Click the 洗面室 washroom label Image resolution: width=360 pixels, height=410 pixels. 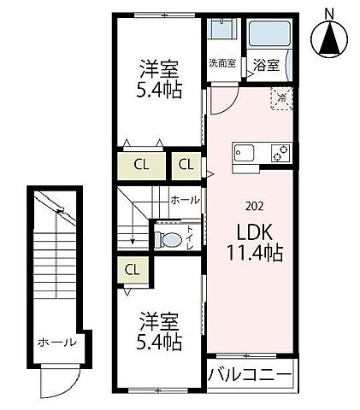point(223,63)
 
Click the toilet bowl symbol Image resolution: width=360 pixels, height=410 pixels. point(171,240)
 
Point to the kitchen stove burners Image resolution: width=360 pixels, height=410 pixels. point(280,155)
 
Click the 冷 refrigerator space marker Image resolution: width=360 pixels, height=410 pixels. point(280,98)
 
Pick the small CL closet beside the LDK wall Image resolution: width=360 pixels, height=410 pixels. point(186,163)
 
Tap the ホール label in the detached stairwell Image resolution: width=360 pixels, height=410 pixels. point(56,343)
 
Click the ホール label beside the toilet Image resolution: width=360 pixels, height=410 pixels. point(185,200)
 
